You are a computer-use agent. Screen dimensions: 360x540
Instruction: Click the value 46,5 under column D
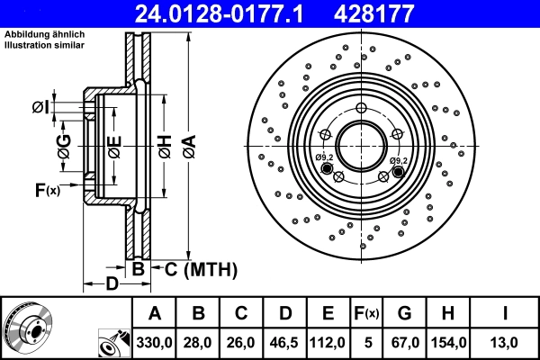coord(285,343)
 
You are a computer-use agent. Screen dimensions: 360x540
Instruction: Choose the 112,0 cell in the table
coord(328,343)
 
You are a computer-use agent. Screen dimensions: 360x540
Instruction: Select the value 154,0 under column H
coord(447,343)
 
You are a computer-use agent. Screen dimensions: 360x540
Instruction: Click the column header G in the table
coord(404,313)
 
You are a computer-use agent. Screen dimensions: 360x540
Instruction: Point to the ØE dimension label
coord(113,144)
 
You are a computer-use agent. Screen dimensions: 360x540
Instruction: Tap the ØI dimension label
coord(40,108)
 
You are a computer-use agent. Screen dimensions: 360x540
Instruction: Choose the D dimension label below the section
coord(110,285)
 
